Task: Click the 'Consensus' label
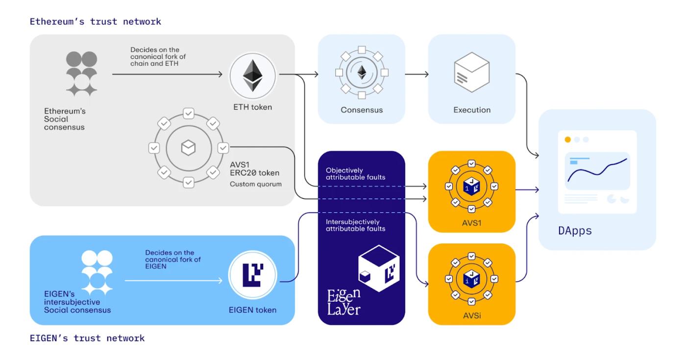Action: (x=362, y=110)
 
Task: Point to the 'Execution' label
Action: (x=471, y=110)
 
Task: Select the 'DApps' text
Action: (x=575, y=231)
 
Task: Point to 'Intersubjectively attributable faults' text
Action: (x=355, y=225)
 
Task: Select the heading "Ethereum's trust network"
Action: (x=95, y=22)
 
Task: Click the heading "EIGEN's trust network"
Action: (x=87, y=338)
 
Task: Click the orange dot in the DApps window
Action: (x=567, y=140)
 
